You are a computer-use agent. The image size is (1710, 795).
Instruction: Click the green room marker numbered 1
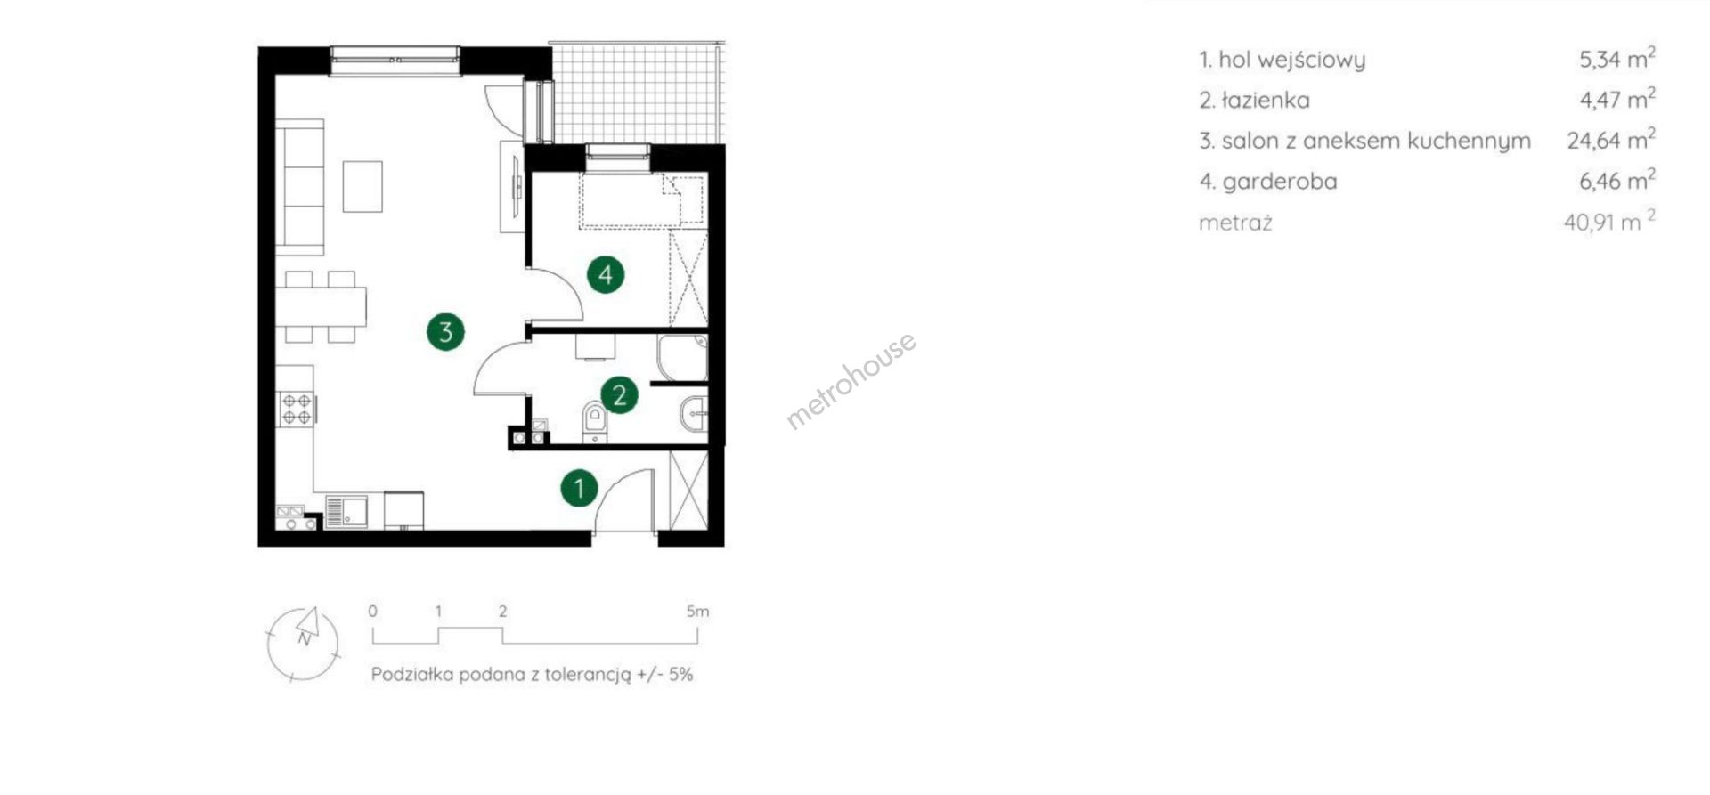click(579, 488)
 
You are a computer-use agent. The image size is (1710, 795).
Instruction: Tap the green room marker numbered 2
click(619, 394)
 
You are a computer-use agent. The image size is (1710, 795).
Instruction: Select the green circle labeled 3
click(445, 332)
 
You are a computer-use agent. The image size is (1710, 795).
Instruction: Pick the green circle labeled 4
click(606, 274)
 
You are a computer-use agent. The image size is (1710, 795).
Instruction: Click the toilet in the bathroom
click(594, 421)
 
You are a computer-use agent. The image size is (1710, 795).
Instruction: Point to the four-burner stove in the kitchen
click(297, 409)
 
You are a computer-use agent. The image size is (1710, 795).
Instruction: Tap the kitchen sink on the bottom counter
click(346, 512)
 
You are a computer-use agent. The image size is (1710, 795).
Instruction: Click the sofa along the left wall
click(299, 186)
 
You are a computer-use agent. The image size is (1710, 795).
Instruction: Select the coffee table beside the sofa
click(362, 186)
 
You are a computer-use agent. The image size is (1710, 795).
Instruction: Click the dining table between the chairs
click(321, 306)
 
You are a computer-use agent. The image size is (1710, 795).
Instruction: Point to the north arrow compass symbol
click(304, 644)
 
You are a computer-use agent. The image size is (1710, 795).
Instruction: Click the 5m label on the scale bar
click(698, 612)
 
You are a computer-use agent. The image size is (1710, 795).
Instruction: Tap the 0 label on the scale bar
click(372, 612)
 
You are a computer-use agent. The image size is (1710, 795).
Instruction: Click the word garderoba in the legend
click(1280, 182)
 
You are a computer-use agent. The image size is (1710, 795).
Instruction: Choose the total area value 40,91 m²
click(1610, 221)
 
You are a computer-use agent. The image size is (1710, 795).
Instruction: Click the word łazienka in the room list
click(1266, 100)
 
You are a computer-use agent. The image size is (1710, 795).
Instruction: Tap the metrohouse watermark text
click(851, 380)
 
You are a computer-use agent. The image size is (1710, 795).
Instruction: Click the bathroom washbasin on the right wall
click(695, 414)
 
